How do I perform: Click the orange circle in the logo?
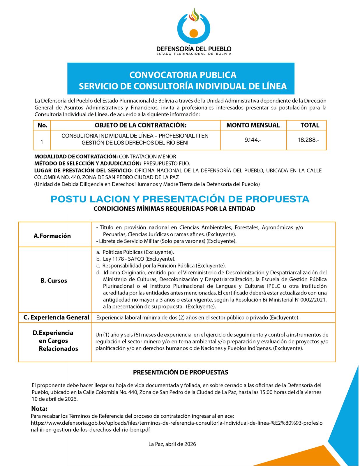click(194, 33)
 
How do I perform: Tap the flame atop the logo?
click(194, 15)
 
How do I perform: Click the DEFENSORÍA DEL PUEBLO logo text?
click(194, 49)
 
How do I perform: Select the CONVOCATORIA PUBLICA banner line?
click(183, 75)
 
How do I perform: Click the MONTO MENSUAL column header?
click(253, 125)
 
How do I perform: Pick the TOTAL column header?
click(310, 125)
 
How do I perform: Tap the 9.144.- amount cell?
click(253, 140)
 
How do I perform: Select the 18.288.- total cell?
click(308, 140)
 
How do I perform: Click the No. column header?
click(42, 125)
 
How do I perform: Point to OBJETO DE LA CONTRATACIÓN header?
click(140, 125)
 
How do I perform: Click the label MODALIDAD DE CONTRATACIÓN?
click(76, 157)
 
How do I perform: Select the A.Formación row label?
click(52, 236)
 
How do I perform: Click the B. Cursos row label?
click(54, 281)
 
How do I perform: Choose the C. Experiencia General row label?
click(56, 317)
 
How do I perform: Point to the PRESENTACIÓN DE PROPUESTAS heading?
click(181, 372)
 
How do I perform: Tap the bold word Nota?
click(39, 409)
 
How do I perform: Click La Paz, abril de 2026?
click(172, 444)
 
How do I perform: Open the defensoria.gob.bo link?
click(177, 423)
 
